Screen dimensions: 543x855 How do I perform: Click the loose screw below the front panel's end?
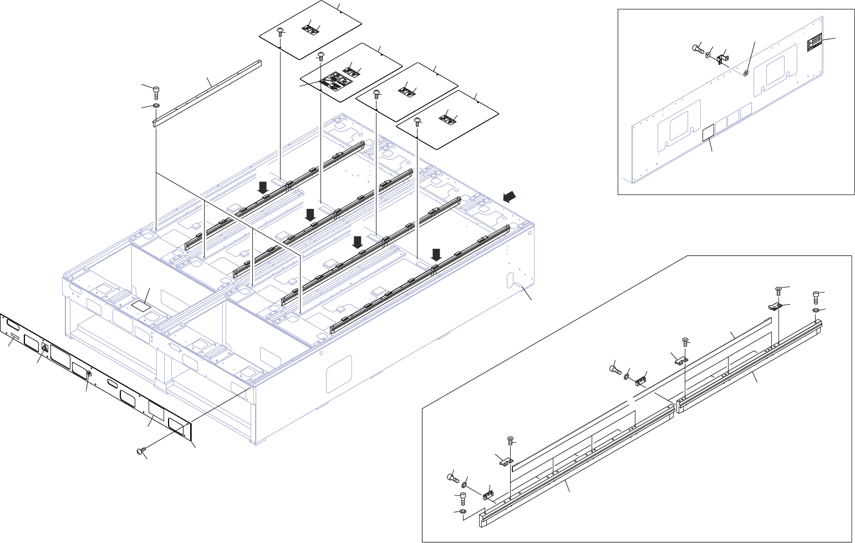point(140,452)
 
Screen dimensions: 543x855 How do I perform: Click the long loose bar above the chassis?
point(206,92)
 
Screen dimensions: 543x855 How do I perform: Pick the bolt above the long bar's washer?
point(156,89)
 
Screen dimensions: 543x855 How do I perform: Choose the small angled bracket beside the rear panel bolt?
point(722,58)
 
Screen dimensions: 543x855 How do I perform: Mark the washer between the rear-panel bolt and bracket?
point(709,54)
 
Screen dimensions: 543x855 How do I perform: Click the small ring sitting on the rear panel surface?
point(746,72)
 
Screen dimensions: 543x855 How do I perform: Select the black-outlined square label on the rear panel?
point(708,134)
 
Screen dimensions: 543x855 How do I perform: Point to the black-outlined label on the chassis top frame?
point(141,304)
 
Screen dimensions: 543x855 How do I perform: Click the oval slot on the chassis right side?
point(509,280)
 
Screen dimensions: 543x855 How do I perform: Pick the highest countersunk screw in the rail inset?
point(778,289)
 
